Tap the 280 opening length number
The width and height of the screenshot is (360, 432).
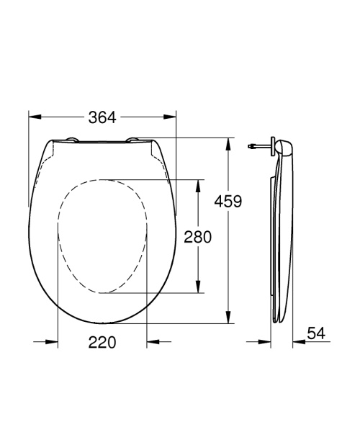click(x=197, y=237)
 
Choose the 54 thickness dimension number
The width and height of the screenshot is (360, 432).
click(x=316, y=333)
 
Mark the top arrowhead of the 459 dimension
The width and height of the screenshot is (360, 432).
click(x=229, y=142)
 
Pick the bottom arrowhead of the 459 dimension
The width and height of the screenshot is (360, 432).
click(x=229, y=319)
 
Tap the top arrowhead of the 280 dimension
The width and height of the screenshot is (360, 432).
click(x=197, y=183)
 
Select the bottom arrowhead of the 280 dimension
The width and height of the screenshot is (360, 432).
click(x=197, y=289)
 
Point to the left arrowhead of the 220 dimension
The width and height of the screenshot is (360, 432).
click(x=53, y=343)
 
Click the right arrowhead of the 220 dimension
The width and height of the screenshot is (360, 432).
click(x=152, y=343)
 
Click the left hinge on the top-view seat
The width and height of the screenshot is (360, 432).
click(x=73, y=140)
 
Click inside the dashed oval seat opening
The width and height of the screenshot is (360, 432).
click(x=102, y=235)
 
